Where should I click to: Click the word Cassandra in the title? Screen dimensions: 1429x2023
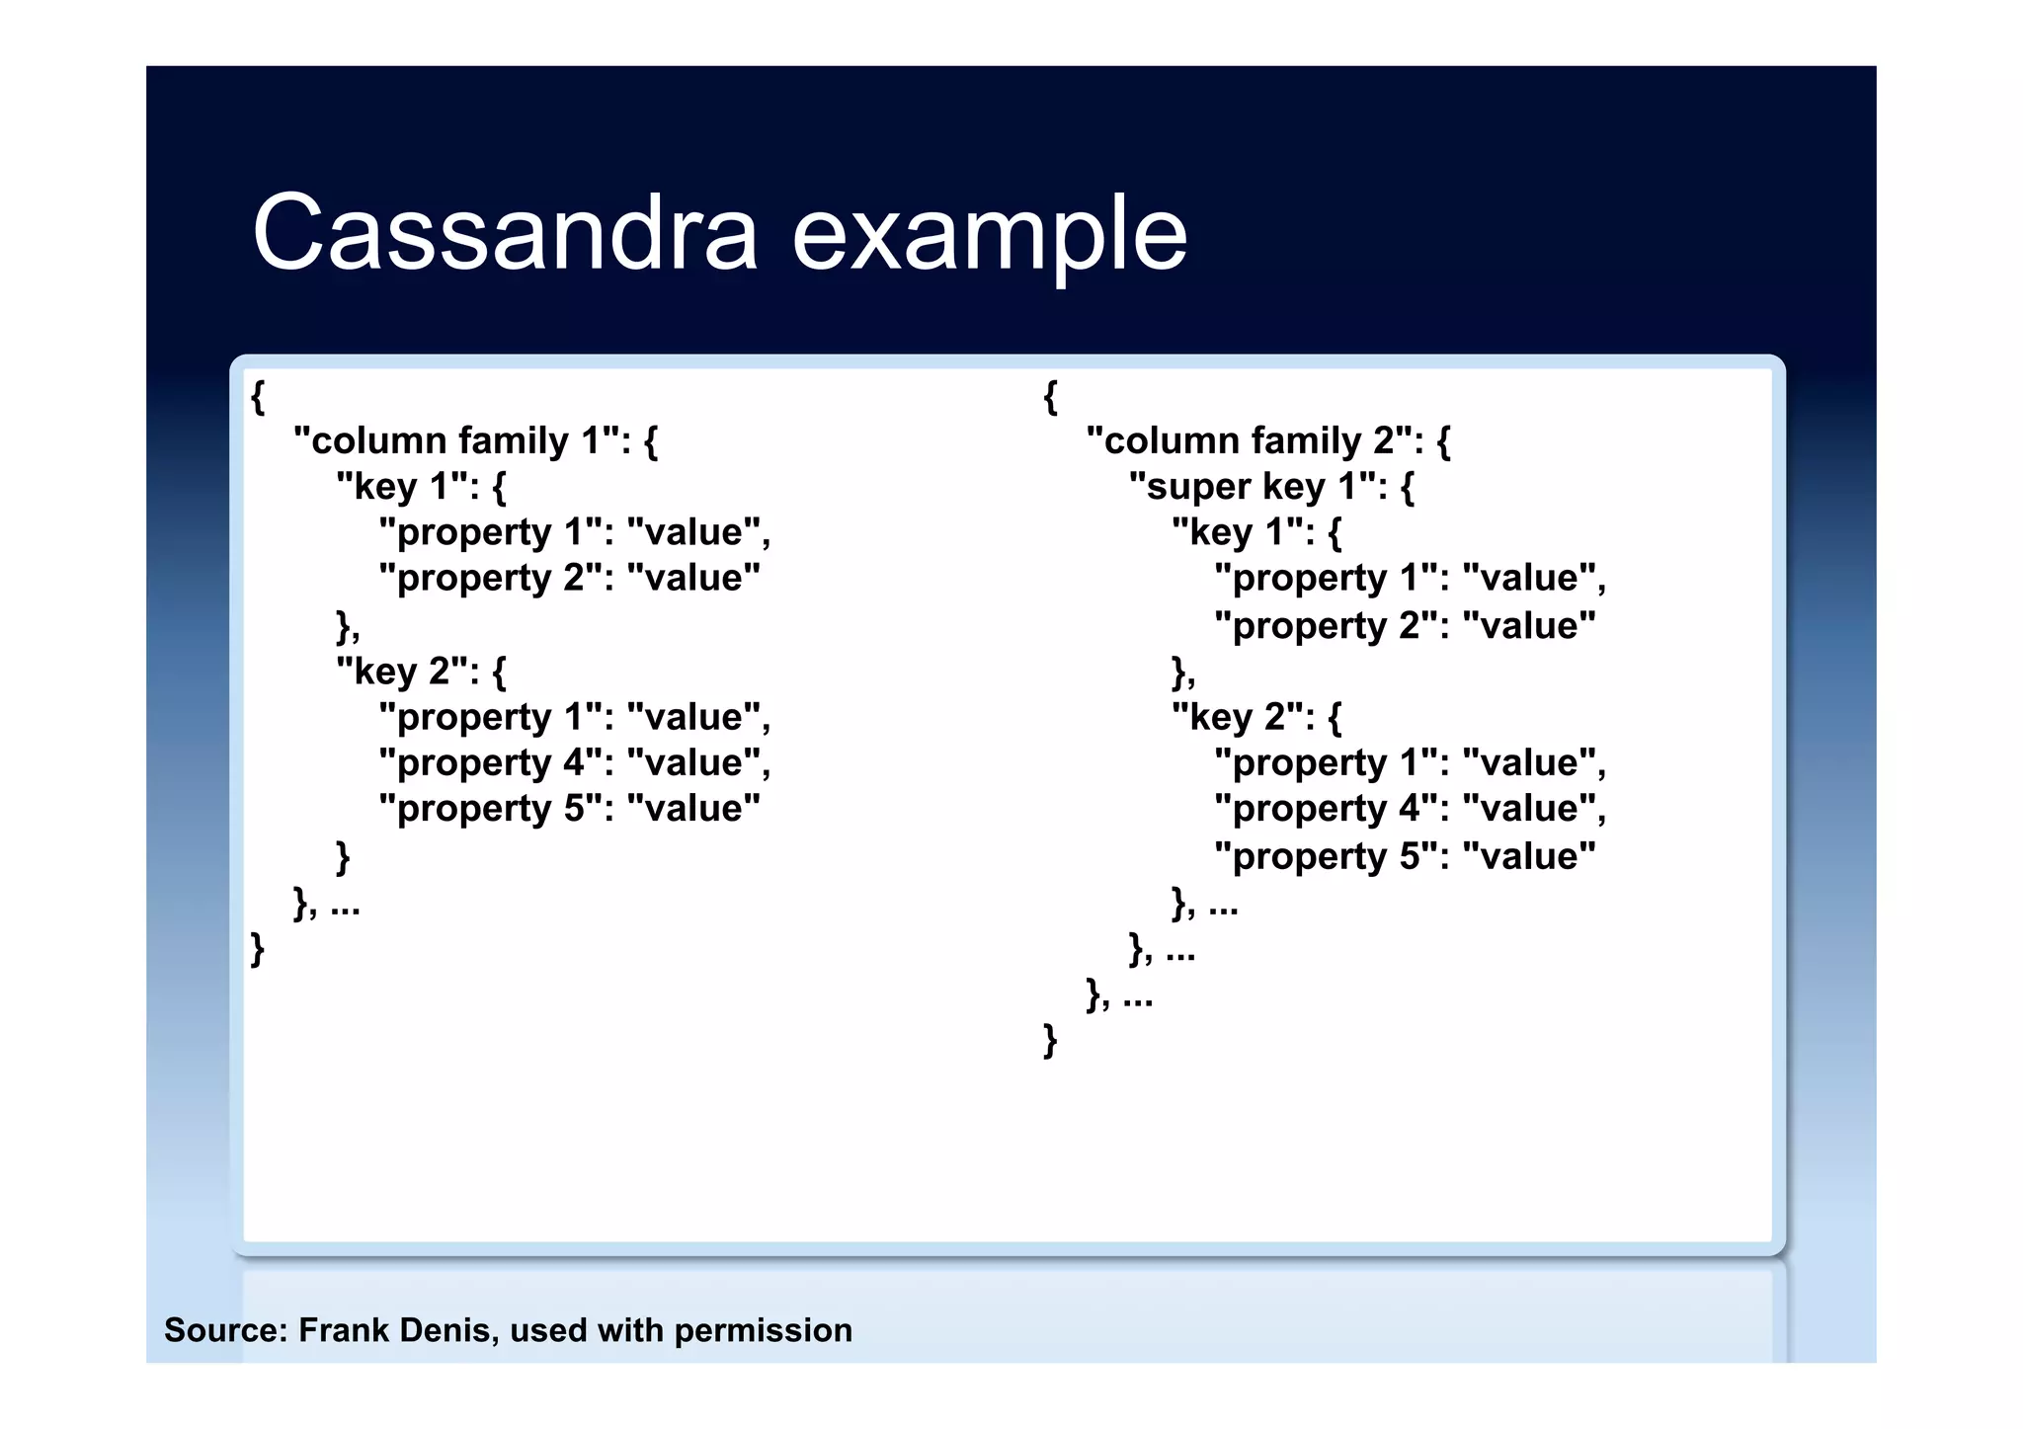tap(505, 233)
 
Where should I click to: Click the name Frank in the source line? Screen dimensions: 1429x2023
tap(343, 1330)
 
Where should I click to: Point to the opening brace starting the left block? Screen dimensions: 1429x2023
tap(258, 396)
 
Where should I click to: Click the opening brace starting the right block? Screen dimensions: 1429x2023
tap(1050, 396)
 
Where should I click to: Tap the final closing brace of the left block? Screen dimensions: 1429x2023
tap(258, 949)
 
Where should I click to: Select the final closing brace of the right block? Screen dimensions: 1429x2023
tap(1050, 1040)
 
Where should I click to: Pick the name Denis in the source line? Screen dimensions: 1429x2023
tap(447, 1330)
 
